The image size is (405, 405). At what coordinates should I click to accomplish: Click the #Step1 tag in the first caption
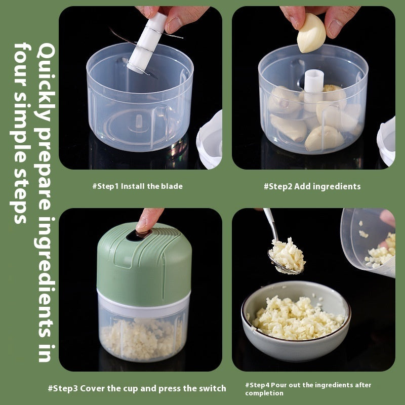105,186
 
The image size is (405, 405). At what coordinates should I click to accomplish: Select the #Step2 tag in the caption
278,186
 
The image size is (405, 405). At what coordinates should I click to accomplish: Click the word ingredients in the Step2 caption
337,186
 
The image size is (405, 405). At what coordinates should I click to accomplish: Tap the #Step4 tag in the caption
257,385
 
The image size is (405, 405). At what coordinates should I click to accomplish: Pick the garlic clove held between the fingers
311,33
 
